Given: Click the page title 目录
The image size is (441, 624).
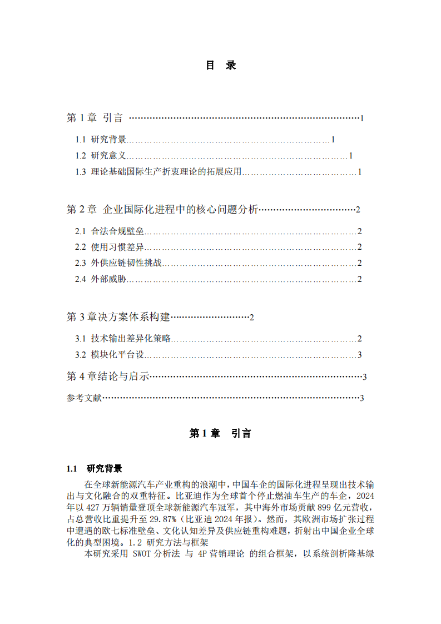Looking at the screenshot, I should coord(221,66).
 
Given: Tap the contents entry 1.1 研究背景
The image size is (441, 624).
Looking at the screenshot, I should coord(101,140).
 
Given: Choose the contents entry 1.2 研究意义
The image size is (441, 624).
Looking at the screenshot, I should coord(101,156).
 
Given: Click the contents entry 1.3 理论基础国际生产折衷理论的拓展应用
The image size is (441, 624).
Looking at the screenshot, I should coord(158,172).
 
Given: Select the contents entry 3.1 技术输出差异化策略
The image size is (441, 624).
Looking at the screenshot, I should coord(123,338).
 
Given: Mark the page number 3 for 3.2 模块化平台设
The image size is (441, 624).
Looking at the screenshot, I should coord(360,355).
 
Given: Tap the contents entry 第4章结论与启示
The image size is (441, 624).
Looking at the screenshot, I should coord(108,377).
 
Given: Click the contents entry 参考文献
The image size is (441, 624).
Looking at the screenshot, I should coord(84,398).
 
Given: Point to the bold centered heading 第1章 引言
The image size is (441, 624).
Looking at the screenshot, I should coord(220,434).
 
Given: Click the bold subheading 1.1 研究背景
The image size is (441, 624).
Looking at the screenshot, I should coord(94,468).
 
